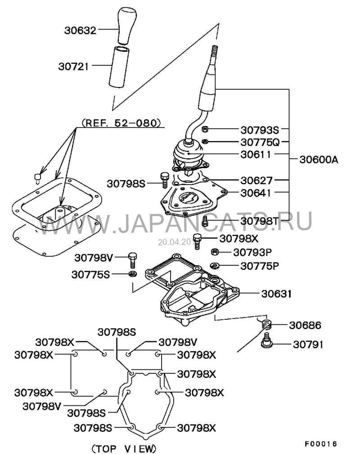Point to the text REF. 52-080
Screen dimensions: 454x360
[120, 122]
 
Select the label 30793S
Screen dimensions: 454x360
[260, 130]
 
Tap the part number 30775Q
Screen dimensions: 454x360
[260, 142]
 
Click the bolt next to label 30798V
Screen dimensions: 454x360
[131, 259]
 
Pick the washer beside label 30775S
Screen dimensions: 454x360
[132, 274]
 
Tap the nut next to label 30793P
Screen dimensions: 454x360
[215, 252]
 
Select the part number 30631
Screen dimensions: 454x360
[277, 294]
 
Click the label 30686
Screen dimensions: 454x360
[305, 324]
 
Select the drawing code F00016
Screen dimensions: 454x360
[320, 443]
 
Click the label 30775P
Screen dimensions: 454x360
[260, 266]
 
